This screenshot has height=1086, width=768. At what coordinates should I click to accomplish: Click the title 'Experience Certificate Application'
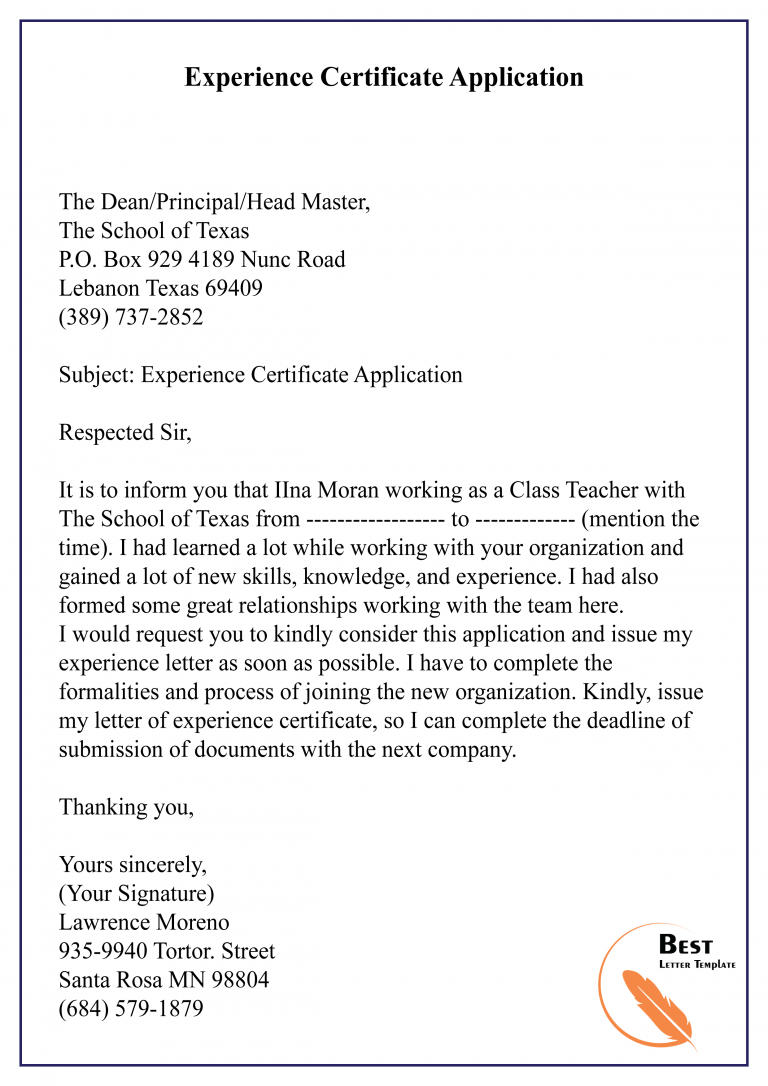[x=383, y=77]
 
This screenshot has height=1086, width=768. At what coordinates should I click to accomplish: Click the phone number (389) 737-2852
[x=131, y=318]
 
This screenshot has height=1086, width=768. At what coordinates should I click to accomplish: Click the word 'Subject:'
[x=97, y=375]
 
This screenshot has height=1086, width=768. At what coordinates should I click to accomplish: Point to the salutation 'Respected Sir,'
[x=125, y=433]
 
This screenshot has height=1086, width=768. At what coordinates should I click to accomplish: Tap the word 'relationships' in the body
[x=301, y=605]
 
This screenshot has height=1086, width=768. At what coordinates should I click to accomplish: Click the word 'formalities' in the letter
[x=109, y=692]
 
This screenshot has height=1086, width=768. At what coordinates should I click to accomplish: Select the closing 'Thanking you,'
[x=127, y=807]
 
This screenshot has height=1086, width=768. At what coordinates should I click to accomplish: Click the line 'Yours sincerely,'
[x=133, y=865]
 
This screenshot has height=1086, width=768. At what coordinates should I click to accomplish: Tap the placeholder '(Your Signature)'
[x=137, y=893]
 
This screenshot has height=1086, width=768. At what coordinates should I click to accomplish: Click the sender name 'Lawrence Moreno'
[x=144, y=922]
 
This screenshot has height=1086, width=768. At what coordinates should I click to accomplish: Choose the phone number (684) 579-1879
[x=131, y=1009]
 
